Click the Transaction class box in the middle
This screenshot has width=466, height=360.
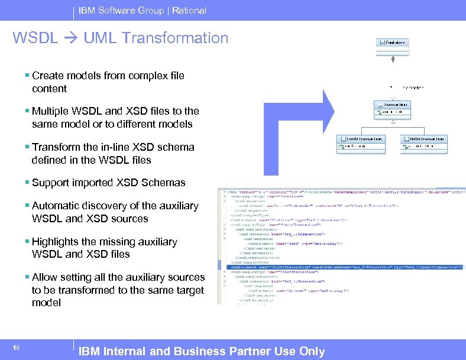(393, 107)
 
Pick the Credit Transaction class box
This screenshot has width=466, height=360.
(361, 141)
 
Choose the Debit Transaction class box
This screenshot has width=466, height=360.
(424, 141)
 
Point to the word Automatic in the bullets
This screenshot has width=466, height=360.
(56, 206)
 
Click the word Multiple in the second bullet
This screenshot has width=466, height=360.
(51, 111)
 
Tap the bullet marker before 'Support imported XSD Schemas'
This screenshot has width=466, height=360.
(28, 183)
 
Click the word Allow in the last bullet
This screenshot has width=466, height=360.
(44, 277)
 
